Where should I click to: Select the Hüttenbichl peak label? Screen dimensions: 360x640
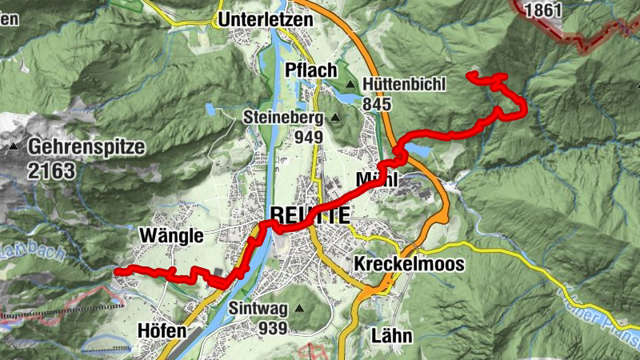(404, 83)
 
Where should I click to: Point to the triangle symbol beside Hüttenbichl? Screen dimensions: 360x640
(350, 84)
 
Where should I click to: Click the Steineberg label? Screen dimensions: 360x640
(282, 118)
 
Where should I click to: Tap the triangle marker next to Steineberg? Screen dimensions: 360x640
(335, 118)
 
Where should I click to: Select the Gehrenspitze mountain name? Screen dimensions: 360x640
(86, 147)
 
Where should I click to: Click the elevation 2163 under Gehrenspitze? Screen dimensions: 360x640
(49, 170)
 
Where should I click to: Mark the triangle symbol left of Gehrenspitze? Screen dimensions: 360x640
(14, 148)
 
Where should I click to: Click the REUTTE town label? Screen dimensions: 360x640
(310, 214)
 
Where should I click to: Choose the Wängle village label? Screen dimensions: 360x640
(170, 235)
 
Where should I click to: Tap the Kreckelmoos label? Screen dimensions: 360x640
(408, 265)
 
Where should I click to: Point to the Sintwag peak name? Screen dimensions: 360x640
(257, 308)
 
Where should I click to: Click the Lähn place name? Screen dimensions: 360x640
(392, 335)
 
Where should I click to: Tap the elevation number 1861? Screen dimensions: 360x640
(541, 10)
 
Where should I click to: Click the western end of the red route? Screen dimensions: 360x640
(118, 272)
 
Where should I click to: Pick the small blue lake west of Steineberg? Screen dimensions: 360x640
(210, 109)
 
